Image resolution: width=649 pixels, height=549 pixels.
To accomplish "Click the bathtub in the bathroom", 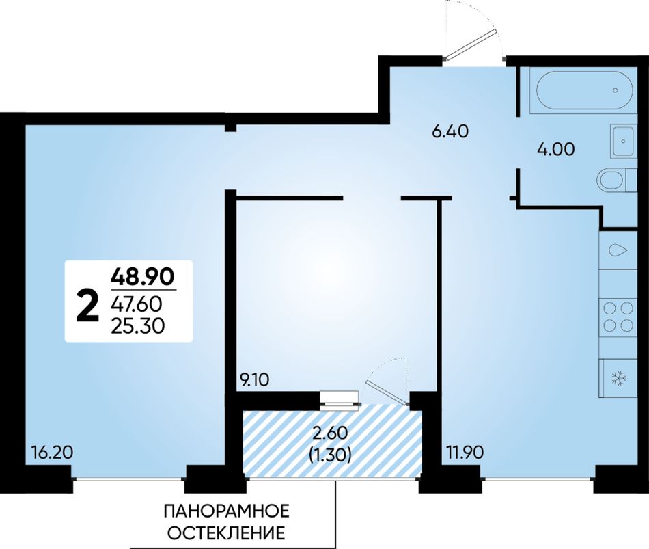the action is (x=585, y=90).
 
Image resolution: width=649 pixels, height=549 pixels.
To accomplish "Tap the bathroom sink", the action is (x=622, y=141).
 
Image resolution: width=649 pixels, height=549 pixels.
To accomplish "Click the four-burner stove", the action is (x=618, y=316).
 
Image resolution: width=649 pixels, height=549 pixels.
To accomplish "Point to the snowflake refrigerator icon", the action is (x=620, y=378).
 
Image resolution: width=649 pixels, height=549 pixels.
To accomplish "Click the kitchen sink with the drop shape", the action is (x=618, y=250).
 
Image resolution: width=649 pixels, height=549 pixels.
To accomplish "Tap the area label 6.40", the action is (x=450, y=132).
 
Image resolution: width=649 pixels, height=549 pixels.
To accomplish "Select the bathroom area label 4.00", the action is (x=555, y=149).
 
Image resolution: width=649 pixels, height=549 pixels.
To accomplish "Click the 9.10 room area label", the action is (x=255, y=380).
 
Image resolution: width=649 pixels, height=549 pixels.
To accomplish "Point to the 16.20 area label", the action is (x=52, y=453).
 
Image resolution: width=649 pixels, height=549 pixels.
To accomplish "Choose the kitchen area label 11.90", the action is (x=465, y=453).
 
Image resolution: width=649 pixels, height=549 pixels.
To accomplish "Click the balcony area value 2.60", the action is (x=330, y=433).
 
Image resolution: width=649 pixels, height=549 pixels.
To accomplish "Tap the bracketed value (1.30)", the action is (x=330, y=455).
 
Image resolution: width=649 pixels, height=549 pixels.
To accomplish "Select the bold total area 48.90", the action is (x=143, y=276).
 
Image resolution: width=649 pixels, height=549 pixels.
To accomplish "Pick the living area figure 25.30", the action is (x=138, y=327).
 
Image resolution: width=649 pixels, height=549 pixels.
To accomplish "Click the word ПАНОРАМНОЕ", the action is (x=226, y=511).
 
